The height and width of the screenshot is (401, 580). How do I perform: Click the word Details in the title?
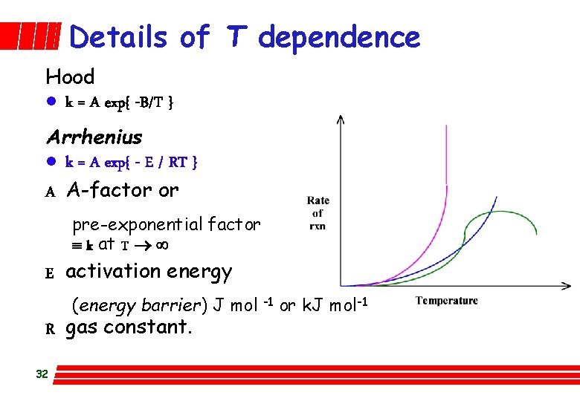(118, 36)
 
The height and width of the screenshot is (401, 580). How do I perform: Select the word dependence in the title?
(339, 36)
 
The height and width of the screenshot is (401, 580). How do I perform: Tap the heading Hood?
(70, 76)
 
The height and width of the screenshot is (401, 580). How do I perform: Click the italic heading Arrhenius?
(94, 137)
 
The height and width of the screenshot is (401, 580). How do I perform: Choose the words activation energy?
(149, 272)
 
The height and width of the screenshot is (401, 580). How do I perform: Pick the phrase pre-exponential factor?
(166, 224)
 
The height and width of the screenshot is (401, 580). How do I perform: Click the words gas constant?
(129, 327)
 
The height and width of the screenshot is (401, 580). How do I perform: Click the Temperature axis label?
(446, 301)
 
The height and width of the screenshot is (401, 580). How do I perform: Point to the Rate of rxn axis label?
(318, 213)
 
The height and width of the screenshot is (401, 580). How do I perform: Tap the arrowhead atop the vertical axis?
(340, 119)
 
